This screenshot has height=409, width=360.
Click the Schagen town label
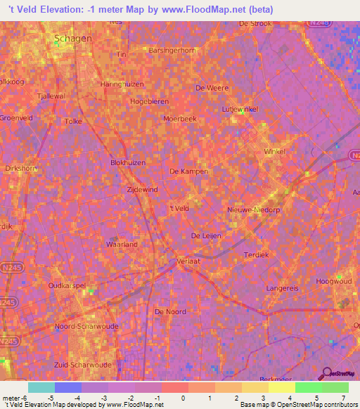73,39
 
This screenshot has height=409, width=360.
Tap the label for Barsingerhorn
171,51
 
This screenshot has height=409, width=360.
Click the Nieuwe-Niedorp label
254,209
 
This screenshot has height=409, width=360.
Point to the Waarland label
121,244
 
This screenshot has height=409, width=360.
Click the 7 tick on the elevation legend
343,399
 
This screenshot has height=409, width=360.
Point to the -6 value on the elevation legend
25,399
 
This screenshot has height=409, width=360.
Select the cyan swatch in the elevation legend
41,387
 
